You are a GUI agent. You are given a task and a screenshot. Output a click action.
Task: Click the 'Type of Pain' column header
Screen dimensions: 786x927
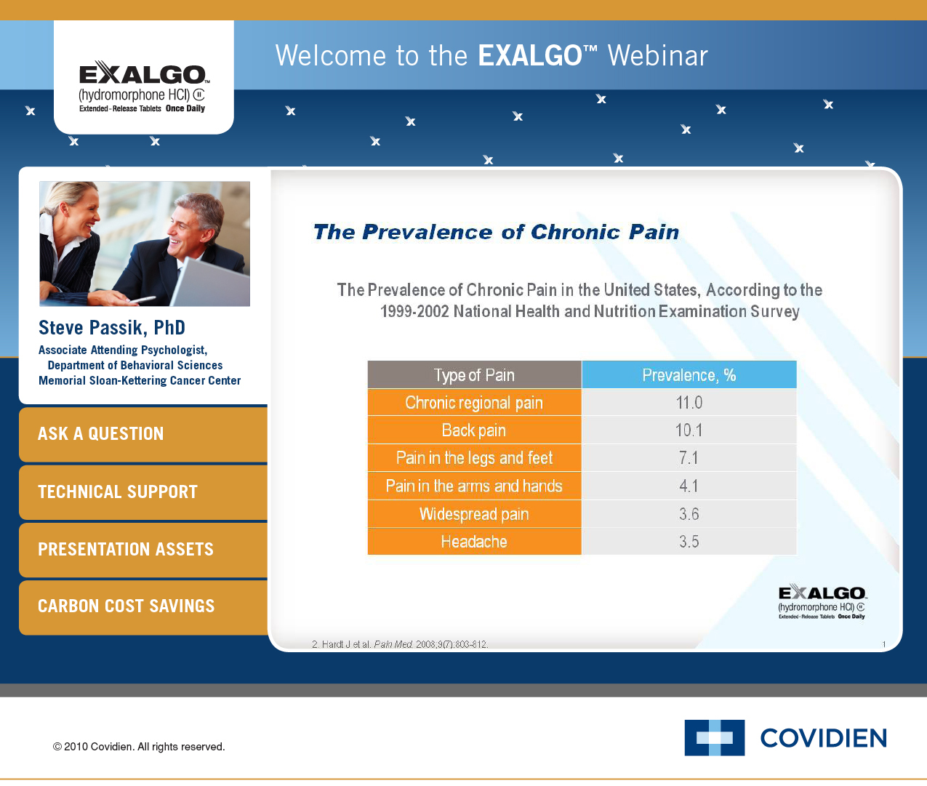tap(474, 375)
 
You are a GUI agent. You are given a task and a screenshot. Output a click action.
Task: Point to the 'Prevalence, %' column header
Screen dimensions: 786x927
tap(689, 375)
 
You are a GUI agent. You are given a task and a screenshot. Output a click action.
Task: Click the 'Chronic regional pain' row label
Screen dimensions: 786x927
tap(474, 403)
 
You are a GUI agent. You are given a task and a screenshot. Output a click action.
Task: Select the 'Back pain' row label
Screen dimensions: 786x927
tap(474, 430)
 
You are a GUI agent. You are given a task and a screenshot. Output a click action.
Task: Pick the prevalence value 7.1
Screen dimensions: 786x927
tap(689, 458)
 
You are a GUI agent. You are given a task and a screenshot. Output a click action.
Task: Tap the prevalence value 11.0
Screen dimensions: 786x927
tap(689, 403)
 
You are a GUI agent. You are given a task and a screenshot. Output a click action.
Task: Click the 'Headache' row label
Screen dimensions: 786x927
tap(474, 542)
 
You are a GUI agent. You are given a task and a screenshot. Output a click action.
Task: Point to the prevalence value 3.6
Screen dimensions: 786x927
tap(689, 514)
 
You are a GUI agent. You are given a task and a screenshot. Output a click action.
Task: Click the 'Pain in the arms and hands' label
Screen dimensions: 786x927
tap(474, 486)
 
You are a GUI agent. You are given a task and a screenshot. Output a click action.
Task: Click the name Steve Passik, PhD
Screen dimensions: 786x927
tap(112, 328)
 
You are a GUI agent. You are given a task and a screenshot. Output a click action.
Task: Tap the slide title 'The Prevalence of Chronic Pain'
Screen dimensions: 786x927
tap(496, 232)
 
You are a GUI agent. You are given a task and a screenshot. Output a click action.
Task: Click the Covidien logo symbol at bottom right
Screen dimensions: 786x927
tap(714, 737)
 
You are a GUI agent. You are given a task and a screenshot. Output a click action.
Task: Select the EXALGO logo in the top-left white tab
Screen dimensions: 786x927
tap(143, 86)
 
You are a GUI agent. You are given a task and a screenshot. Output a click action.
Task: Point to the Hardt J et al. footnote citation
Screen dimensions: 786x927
tap(400, 644)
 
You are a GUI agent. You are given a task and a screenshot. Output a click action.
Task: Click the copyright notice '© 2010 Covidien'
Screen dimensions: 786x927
tap(139, 747)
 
